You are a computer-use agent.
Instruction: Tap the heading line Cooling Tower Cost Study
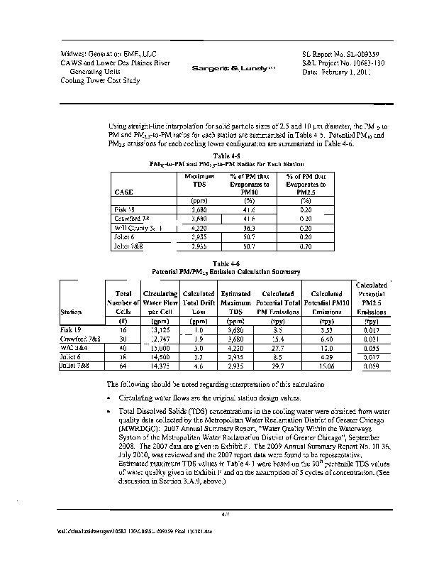click(x=101, y=80)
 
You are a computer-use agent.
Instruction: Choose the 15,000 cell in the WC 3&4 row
click(x=156, y=348)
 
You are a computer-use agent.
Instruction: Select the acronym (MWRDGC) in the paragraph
click(x=139, y=430)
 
